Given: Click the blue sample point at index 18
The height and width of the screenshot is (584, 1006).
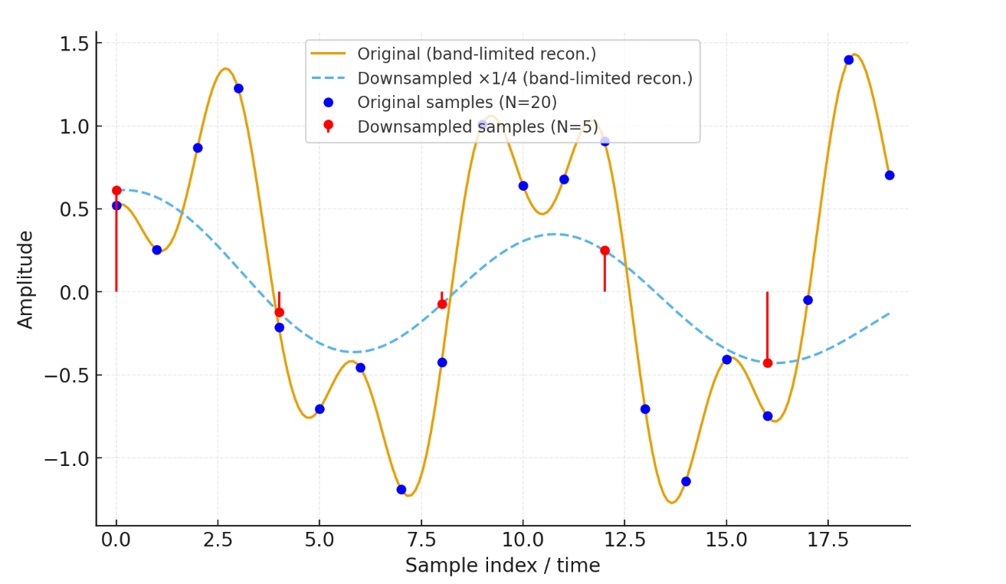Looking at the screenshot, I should (x=848, y=60).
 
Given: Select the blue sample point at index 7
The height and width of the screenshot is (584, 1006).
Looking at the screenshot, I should (x=401, y=489).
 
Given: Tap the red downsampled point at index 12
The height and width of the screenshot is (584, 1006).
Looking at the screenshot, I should (x=605, y=251).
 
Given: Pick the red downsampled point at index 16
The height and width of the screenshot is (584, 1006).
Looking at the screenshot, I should (x=767, y=363).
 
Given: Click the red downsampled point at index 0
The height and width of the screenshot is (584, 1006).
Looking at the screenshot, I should (x=116, y=190).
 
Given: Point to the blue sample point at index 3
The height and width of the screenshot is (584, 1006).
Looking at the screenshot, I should (x=238, y=88).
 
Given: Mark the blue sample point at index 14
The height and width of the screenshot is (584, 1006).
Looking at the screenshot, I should (x=686, y=481).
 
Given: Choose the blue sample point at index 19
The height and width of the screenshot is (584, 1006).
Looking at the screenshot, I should (x=889, y=175).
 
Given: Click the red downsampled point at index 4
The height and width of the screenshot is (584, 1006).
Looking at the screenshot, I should (x=279, y=312).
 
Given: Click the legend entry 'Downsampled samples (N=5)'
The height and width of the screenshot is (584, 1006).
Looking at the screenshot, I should (x=477, y=126).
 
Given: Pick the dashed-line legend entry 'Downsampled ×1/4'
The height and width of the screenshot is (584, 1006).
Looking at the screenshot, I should (x=525, y=79).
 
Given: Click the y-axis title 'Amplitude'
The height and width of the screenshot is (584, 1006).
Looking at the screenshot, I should (x=26, y=280).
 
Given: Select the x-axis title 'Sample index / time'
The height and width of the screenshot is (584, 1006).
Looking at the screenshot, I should (x=503, y=566).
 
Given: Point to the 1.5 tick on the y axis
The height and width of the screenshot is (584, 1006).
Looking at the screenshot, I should (x=74, y=44).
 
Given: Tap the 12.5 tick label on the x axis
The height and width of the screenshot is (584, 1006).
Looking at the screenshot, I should (x=624, y=540).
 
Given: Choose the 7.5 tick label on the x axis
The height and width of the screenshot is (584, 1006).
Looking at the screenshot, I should (x=421, y=540).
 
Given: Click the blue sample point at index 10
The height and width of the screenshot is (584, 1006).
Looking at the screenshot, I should (x=523, y=185).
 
